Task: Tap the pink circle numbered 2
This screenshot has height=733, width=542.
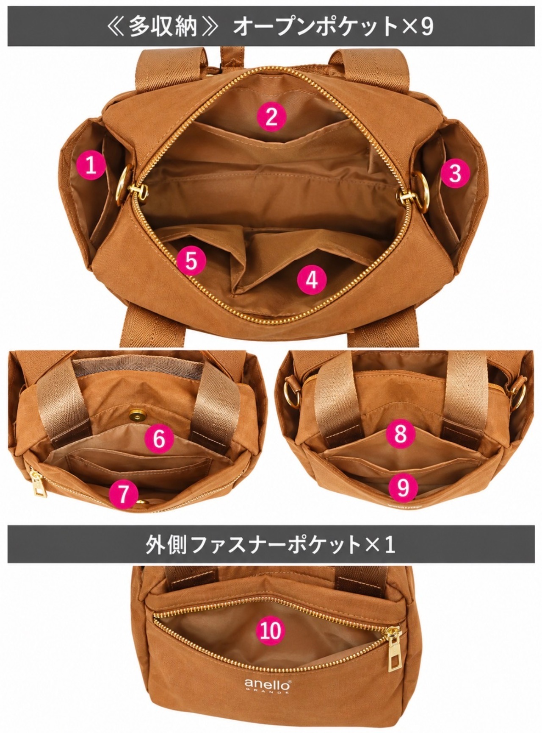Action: pos(271,117)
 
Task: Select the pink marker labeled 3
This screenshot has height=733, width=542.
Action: pos(455,173)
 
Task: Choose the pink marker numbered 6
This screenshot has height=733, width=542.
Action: pos(159,438)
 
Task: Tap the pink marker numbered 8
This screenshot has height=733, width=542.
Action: pos(400,433)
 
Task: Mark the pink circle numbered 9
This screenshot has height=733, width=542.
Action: pos(403,486)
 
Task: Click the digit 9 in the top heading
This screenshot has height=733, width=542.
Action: pos(426,26)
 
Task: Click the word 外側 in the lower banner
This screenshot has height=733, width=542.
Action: pos(162,544)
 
